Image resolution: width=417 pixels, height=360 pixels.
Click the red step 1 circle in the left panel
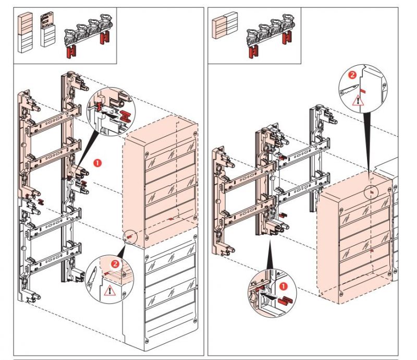point(97,163)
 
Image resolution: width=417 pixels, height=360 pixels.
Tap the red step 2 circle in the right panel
point(353,75)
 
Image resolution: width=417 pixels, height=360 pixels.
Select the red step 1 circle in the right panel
point(284,286)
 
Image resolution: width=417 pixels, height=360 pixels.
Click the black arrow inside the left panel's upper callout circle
point(107,111)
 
